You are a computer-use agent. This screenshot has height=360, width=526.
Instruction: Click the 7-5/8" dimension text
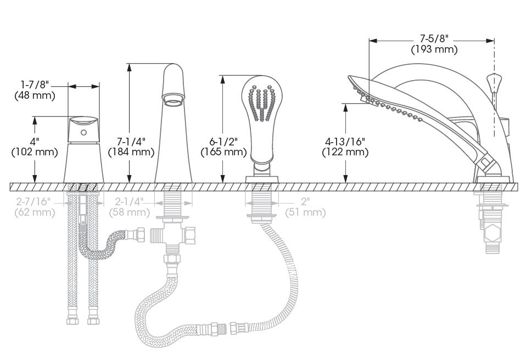(x=433, y=40)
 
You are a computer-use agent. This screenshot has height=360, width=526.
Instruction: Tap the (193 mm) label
(x=434, y=49)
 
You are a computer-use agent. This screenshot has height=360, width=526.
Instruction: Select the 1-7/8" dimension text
(x=35, y=85)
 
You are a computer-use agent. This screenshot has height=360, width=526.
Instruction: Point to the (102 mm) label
(x=35, y=152)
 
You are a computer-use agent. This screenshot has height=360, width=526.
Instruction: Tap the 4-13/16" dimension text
(x=345, y=142)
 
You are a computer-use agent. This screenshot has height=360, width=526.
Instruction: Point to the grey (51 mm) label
(x=305, y=212)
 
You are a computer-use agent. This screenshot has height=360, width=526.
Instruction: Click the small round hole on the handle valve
(x=83, y=133)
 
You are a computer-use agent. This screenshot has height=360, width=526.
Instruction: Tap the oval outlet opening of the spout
(x=172, y=100)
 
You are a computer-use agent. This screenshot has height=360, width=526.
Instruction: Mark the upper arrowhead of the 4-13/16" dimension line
(x=346, y=106)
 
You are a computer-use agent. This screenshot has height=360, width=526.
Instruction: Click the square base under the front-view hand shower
(x=261, y=179)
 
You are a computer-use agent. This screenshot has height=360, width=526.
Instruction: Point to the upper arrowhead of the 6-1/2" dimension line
(x=223, y=78)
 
